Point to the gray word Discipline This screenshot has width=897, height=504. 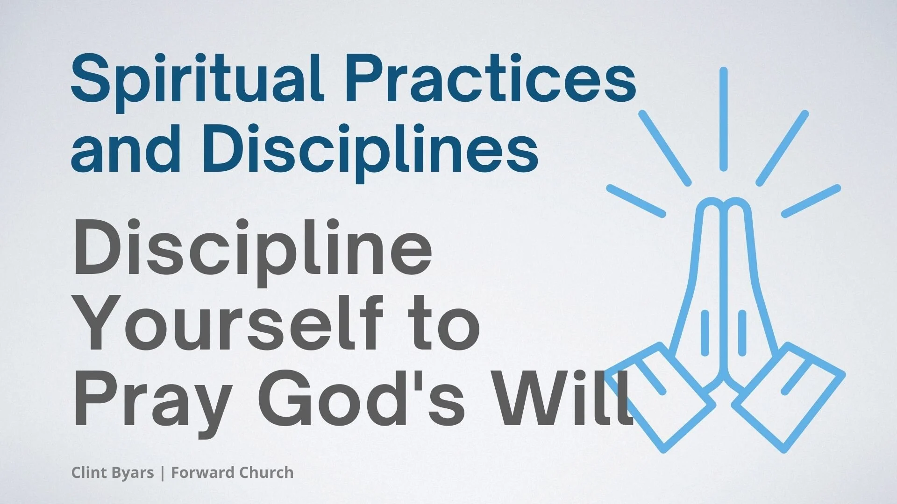tap(252, 250)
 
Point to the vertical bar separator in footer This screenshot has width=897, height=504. tap(162, 473)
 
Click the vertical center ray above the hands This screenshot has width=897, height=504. tap(723, 119)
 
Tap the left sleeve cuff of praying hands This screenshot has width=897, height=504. tap(661, 397)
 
